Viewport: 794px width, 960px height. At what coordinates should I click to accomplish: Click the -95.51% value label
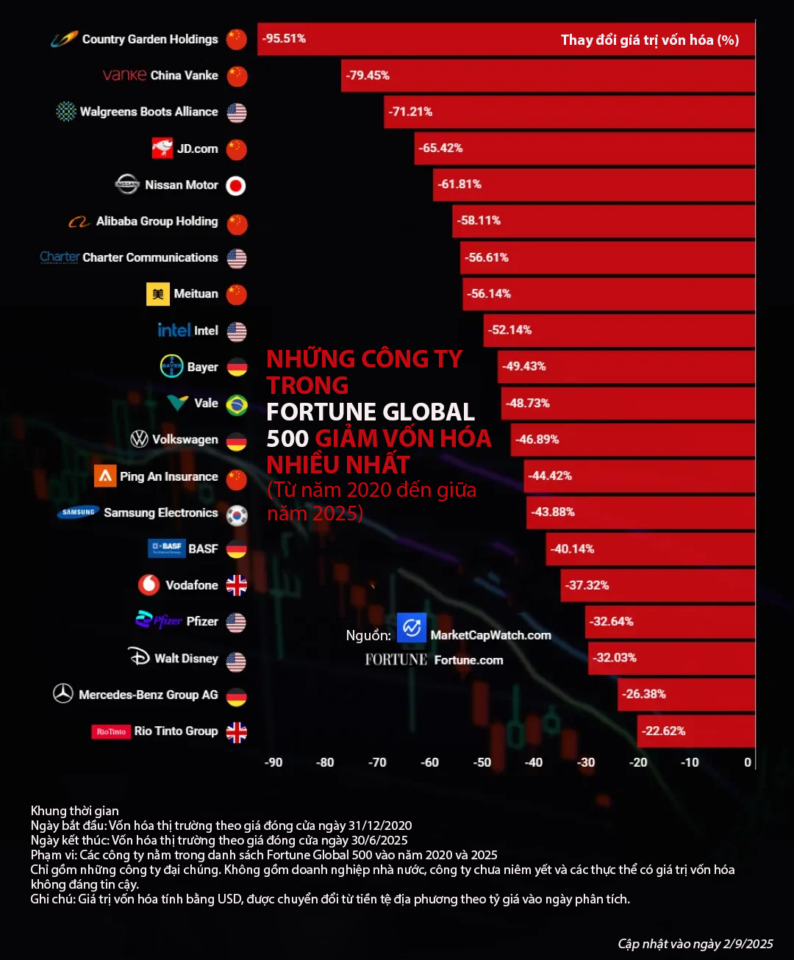pyautogui.click(x=284, y=38)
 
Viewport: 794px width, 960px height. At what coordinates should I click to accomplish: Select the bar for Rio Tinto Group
pyautogui.click(x=695, y=731)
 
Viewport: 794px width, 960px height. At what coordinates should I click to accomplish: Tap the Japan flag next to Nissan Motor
pyautogui.click(x=236, y=186)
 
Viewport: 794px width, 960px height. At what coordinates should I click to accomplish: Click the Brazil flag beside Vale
pyautogui.click(x=237, y=404)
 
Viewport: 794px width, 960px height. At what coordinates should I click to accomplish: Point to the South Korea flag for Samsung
pyautogui.click(x=237, y=515)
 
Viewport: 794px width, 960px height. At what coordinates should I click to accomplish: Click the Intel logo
pyautogui.click(x=174, y=330)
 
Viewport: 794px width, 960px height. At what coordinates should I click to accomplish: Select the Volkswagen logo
pyautogui.click(x=139, y=440)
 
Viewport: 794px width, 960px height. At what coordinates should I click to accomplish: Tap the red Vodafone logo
pyautogui.click(x=149, y=585)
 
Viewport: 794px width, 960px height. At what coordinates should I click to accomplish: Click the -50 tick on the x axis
pyautogui.click(x=482, y=762)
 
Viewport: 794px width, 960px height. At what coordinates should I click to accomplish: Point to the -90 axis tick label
pyautogui.click(x=273, y=762)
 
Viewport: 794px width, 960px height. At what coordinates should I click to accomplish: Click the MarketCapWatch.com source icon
pyautogui.click(x=412, y=628)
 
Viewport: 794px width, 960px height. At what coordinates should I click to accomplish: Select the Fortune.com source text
pyautogui.click(x=468, y=660)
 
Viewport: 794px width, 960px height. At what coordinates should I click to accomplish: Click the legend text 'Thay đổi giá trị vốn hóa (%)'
pyautogui.click(x=649, y=40)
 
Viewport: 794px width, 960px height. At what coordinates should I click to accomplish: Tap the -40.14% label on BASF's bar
pyautogui.click(x=573, y=549)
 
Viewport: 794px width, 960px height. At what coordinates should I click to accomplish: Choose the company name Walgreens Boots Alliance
pyautogui.click(x=149, y=112)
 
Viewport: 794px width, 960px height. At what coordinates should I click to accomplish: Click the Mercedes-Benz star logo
pyautogui.click(x=63, y=693)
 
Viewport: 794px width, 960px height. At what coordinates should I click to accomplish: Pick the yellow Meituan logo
pyautogui.click(x=157, y=294)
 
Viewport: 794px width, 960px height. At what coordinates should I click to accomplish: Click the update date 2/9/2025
pyautogui.click(x=748, y=944)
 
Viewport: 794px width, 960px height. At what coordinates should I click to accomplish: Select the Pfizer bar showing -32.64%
pyautogui.click(x=669, y=622)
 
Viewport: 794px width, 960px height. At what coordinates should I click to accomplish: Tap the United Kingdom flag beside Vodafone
pyautogui.click(x=237, y=586)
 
